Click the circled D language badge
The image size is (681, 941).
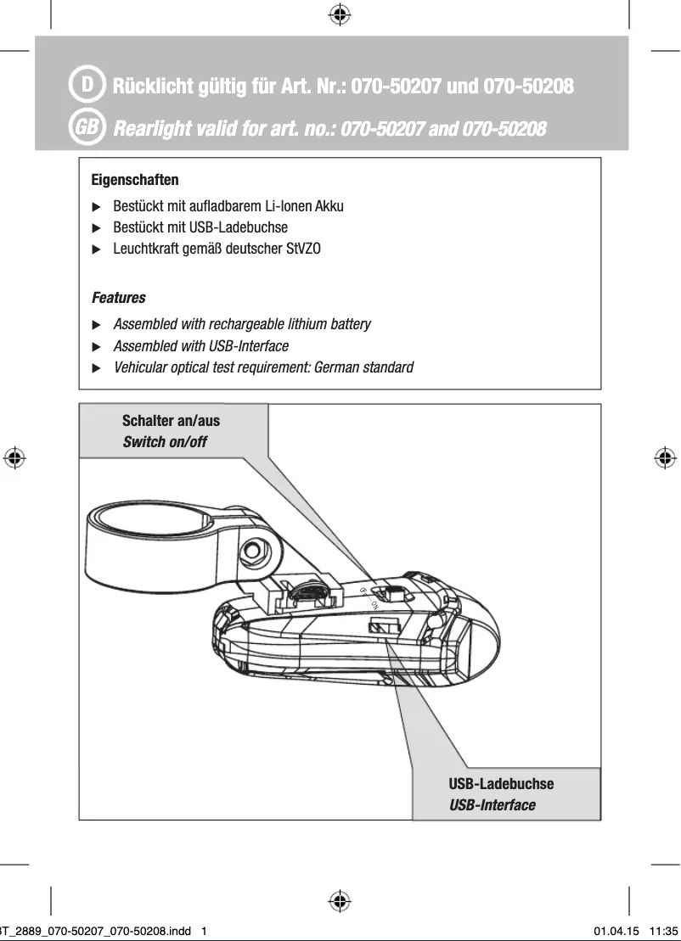pyautogui.click(x=87, y=86)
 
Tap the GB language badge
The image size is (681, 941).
pyautogui.click(x=87, y=128)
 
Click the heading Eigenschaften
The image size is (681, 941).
pyautogui.click(x=134, y=181)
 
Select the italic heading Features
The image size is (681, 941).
pyautogui.click(x=118, y=298)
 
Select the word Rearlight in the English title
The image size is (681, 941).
pyautogui.click(x=155, y=129)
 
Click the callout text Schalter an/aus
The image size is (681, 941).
pyautogui.click(x=171, y=421)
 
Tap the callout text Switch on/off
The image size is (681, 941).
pyautogui.click(x=165, y=442)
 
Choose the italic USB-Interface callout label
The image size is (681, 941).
pyautogui.click(x=492, y=804)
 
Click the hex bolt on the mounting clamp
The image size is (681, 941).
pyautogui.click(x=251, y=551)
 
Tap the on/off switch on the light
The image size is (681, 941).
pyautogui.click(x=392, y=596)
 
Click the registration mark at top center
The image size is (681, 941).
pyautogui.click(x=340, y=14)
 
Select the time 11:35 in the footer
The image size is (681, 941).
pyautogui.click(x=664, y=931)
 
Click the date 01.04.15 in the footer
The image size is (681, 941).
pyautogui.click(x=616, y=931)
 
